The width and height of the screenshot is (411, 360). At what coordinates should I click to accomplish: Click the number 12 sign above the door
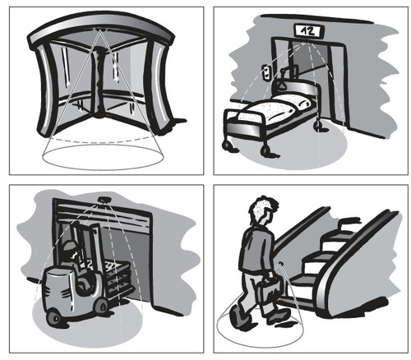click(x=309, y=30)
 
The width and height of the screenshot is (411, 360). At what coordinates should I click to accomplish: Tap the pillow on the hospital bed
click(x=293, y=104)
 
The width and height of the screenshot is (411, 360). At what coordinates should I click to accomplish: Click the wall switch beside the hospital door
click(x=266, y=72)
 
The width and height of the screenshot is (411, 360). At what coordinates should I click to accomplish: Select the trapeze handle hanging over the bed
click(x=282, y=84)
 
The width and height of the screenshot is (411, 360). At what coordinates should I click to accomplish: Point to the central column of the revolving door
click(x=98, y=82)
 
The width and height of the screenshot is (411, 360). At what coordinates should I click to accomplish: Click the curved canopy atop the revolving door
click(x=101, y=30)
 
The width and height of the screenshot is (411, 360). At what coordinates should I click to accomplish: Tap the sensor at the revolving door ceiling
click(x=99, y=29)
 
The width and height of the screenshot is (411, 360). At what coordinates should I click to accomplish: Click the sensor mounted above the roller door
click(x=104, y=200)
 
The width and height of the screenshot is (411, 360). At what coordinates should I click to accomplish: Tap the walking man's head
click(x=261, y=210)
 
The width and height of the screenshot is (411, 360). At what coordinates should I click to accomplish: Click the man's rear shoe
click(x=238, y=318)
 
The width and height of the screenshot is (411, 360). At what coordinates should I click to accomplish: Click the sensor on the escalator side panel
click(x=280, y=265)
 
